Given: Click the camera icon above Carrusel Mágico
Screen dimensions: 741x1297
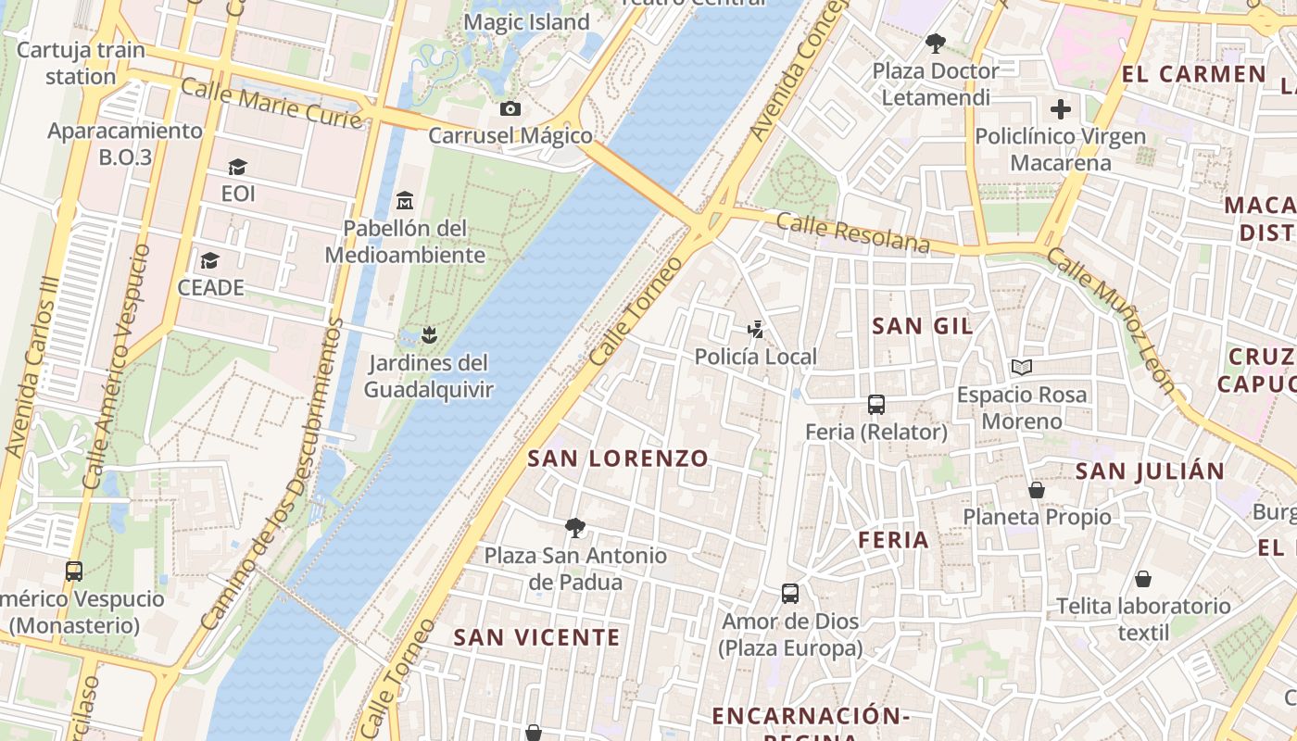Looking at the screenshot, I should point(510,109).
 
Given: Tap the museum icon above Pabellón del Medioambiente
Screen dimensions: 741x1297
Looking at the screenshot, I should point(405,200).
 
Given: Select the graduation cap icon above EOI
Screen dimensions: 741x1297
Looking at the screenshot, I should point(238,167).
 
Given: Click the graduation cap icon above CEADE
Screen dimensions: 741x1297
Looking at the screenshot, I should point(210,260).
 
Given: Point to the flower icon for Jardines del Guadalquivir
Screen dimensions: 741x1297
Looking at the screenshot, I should point(428,333).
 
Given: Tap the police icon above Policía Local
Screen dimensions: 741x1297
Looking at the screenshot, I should point(756,329).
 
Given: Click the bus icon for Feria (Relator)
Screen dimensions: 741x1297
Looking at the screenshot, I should point(876,404).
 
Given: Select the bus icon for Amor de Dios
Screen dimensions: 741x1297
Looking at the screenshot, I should point(790,593).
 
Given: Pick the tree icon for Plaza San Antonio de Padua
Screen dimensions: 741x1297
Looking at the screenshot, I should point(575,528).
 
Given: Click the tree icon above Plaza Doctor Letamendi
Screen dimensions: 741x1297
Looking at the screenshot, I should point(936,43).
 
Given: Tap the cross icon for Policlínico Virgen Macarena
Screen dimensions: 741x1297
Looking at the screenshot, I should point(1061,109).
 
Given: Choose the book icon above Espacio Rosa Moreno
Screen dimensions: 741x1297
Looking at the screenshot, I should point(1022,368).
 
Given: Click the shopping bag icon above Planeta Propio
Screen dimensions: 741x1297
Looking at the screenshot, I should point(1037,489).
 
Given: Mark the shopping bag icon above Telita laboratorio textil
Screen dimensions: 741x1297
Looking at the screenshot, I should point(1143,579).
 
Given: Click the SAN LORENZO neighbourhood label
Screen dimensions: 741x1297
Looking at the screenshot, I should point(618,458).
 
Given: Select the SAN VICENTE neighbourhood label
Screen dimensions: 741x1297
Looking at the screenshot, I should point(536,637).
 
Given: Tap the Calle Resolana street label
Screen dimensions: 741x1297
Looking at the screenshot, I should point(852,232).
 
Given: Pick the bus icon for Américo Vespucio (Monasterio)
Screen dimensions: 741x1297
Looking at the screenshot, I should point(74,571).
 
